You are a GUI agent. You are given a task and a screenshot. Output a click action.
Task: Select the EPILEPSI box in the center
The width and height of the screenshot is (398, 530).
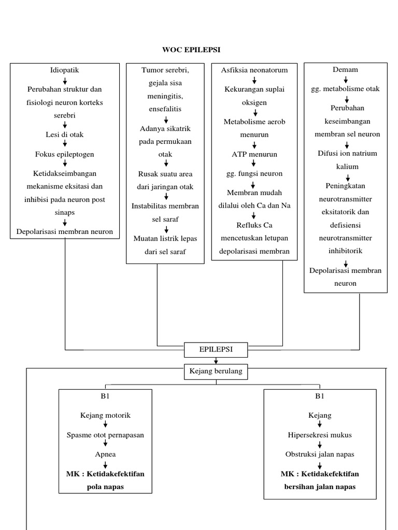pyautogui.click(x=216, y=350)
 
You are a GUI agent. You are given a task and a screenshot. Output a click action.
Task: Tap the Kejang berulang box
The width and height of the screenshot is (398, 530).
pyautogui.click(x=216, y=371)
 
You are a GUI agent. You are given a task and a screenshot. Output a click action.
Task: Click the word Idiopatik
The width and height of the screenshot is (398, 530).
pyautogui.click(x=65, y=69)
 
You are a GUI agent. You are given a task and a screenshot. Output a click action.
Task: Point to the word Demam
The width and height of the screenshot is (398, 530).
pyautogui.click(x=346, y=69)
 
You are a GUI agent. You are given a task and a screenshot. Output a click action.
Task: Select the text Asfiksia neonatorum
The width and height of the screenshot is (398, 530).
pyautogui.click(x=254, y=69)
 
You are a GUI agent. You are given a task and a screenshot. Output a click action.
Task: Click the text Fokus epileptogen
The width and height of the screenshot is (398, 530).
pyautogui.click(x=65, y=154)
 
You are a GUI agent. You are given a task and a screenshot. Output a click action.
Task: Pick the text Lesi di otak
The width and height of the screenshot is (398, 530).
pyautogui.click(x=65, y=135)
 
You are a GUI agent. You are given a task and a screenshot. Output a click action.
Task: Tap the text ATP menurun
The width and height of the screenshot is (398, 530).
pyautogui.click(x=254, y=154)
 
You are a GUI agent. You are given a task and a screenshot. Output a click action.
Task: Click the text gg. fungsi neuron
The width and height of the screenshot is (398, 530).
pyautogui.click(x=254, y=173)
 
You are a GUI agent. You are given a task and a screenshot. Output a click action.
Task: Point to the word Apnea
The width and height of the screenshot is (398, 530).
pyautogui.click(x=105, y=454)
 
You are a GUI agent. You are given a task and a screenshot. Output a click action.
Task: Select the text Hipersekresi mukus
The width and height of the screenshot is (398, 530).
pyautogui.click(x=320, y=435)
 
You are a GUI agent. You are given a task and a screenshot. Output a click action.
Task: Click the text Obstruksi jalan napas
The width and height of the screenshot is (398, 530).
pyautogui.click(x=320, y=454)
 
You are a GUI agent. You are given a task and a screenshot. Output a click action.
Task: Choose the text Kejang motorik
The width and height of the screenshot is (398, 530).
pyautogui.click(x=105, y=415)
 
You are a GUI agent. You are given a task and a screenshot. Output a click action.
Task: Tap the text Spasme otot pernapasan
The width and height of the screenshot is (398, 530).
pyautogui.click(x=105, y=435)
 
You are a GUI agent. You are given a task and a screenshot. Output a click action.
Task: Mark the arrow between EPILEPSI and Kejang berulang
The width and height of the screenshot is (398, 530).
pyautogui.click(x=216, y=361)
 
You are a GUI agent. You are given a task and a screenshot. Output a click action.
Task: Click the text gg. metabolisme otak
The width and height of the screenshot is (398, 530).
pyautogui.click(x=346, y=89)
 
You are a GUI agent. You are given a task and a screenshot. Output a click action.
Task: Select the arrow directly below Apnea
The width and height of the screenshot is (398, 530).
pyautogui.click(x=105, y=464)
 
